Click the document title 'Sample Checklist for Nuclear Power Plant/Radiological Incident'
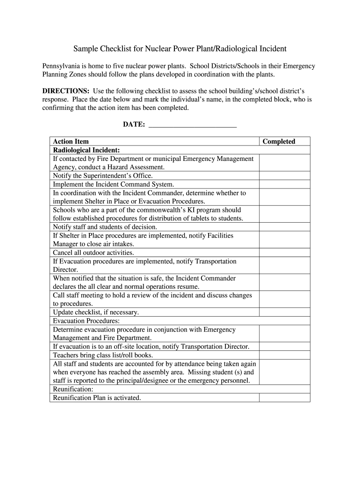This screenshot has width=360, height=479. (x=180, y=49)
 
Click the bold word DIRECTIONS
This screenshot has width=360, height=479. (x=66, y=91)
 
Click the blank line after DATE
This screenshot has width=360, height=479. (x=192, y=125)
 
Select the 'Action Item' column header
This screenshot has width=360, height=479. (x=71, y=141)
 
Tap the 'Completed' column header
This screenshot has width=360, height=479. (x=279, y=141)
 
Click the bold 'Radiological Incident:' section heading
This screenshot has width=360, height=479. (x=86, y=150)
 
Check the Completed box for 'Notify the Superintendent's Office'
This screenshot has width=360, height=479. (x=284, y=176)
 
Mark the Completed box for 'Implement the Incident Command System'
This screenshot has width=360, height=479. (x=284, y=184)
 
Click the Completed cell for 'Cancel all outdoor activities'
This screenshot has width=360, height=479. (x=284, y=253)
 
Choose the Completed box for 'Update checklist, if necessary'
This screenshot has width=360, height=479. (x=284, y=312)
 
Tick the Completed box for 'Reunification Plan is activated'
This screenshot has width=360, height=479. (x=284, y=398)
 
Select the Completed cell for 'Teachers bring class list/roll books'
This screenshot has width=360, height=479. (x=284, y=355)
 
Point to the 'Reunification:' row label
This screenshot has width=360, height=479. (x=73, y=389)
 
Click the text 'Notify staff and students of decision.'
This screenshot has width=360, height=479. (x=105, y=227)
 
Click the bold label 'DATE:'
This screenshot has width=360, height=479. (x=134, y=125)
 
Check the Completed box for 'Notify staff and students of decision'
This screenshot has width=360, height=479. (x=284, y=227)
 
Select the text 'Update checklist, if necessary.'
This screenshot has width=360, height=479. (x=96, y=312)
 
